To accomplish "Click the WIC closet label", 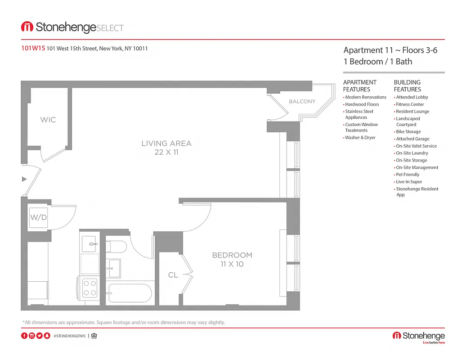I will [x=48, y=120].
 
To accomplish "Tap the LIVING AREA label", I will [x=166, y=144].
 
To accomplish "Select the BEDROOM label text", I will [x=232, y=255].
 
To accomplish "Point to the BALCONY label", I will [x=302, y=101].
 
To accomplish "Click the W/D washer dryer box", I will [x=38, y=218].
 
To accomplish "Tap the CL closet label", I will [x=173, y=275].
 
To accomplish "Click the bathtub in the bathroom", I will [x=130, y=293].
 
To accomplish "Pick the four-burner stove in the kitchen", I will [x=90, y=288].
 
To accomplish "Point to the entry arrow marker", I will [x=24, y=179].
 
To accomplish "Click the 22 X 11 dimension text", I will [x=166, y=153].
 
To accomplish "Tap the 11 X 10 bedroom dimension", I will [x=232, y=264].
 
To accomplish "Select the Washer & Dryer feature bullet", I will [x=360, y=138].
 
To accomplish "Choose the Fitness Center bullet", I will [x=409, y=104].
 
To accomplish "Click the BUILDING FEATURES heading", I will [x=408, y=85].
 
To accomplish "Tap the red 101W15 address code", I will [x=33, y=49].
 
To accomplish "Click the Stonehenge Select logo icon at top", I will [x=27, y=27].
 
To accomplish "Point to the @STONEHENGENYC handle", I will [x=69, y=336].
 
